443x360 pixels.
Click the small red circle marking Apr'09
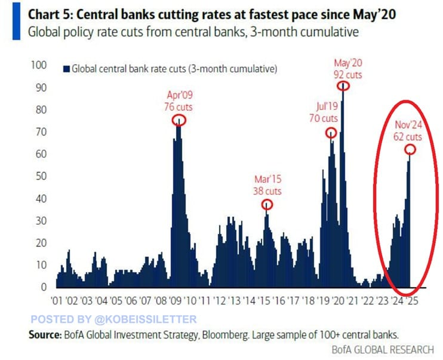tap(179, 120)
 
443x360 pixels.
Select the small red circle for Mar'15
tap(267, 205)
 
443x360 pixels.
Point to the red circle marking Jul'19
tap(331, 133)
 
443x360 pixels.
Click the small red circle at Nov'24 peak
tap(410, 149)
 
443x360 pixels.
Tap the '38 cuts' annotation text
tap(266, 192)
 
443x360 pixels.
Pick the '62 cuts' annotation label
tap(408, 137)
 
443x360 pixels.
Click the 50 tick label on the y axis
tap(41, 176)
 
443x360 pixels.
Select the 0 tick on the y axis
tap(44, 287)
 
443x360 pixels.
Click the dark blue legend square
tap(66, 69)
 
